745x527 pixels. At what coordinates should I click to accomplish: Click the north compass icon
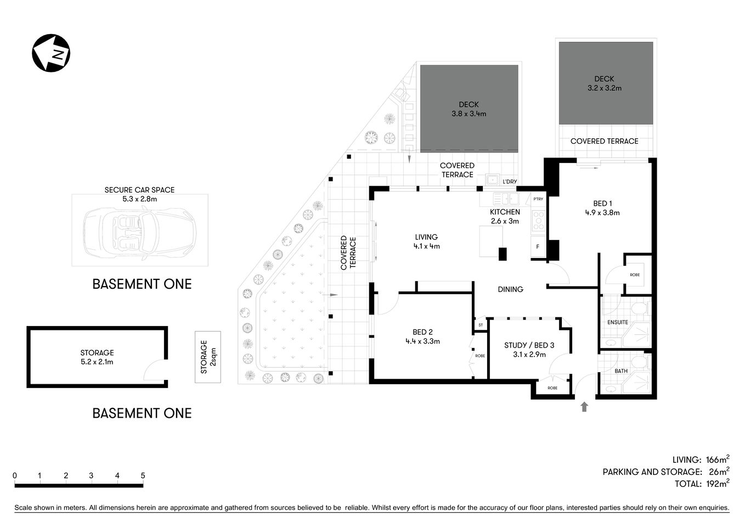pyautogui.click(x=50, y=53)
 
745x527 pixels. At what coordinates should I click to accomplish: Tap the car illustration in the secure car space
pyautogui.click(x=139, y=231)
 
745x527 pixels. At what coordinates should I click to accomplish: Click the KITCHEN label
pyautogui.click(x=505, y=212)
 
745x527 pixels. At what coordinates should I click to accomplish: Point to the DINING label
pyautogui.click(x=510, y=289)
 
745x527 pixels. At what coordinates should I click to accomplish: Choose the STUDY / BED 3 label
pyautogui.click(x=529, y=345)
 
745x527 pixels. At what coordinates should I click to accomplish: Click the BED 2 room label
pyautogui.click(x=422, y=332)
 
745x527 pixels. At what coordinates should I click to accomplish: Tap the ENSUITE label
pyautogui.click(x=617, y=322)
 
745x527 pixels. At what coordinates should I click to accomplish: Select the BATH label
pyautogui.click(x=620, y=371)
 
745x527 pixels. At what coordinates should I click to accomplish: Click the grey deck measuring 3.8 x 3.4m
pyautogui.click(x=469, y=109)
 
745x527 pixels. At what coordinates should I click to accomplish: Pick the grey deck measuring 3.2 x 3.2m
pyautogui.click(x=606, y=83)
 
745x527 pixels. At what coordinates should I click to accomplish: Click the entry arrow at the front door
pyautogui.click(x=584, y=407)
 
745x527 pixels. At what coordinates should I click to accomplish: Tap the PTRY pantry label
pyautogui.click(x=538, y=199)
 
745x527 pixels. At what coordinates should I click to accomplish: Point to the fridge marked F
pyautogui.click(x=538, y=247)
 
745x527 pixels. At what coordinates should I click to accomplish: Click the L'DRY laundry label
pyautogui.click(x=509, y=182)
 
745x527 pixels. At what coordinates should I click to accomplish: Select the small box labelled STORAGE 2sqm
pyautogui.click(x=207, y=357)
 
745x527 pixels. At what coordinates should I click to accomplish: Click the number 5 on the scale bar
pyautogui.click(x=143, y=475)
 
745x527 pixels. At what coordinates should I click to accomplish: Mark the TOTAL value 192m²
pyautogui.click(x=716, y=484)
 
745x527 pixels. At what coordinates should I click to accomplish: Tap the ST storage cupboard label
pyautogui.click(x=481, y=325)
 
